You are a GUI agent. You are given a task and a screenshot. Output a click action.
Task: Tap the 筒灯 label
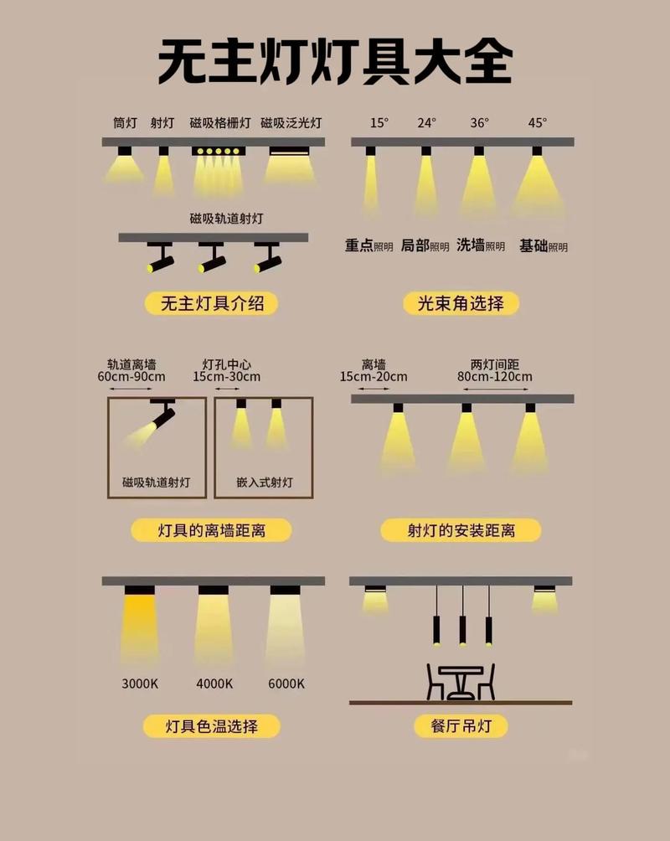click(125, 122)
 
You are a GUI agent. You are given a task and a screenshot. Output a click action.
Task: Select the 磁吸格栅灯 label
click(219, 122)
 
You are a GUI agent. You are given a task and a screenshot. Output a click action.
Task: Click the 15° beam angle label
click(379, 122)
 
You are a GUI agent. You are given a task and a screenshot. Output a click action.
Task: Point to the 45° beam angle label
click(537, 122)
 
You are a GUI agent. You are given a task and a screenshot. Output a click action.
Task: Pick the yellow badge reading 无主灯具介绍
click(212, 303)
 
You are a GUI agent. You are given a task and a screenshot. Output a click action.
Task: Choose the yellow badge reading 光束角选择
click(460, 303)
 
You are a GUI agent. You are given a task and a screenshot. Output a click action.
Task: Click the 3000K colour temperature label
click(140, 684)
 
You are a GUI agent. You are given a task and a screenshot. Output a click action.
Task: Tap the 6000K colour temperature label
click(286, 684)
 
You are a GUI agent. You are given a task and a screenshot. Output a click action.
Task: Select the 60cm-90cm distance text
click(131, 377)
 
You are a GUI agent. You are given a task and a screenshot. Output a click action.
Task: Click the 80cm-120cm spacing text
click(494, 377)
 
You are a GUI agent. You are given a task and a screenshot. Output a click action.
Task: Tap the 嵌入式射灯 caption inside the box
click(265, 482)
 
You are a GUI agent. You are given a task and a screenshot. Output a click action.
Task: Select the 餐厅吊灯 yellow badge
click(461, 725)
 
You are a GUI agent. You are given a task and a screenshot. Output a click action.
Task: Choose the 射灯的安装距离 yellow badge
click(461, 530)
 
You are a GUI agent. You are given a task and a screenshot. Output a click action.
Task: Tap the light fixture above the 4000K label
click(214, 591)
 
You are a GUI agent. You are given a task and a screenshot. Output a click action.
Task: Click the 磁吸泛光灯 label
click(291, 122)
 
